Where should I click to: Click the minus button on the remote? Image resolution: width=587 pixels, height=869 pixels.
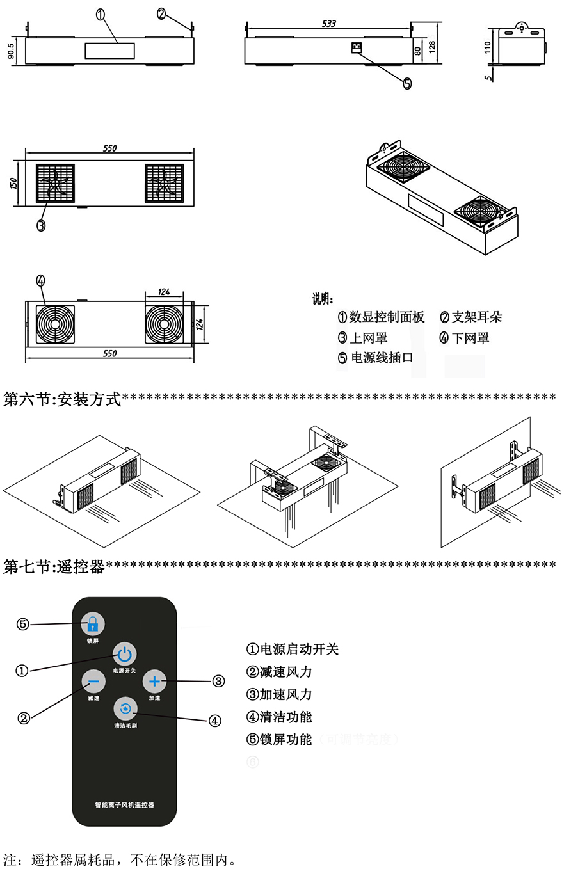coord(93,682)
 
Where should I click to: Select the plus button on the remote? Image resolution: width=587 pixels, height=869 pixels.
coord(154,682)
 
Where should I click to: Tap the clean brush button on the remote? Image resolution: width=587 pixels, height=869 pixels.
coord(125,708)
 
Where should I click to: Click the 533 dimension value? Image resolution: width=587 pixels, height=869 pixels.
coord(328,24)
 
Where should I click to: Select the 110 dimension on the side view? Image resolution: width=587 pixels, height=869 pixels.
coord(488,47)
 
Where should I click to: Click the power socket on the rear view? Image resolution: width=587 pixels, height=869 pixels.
coord(356,47)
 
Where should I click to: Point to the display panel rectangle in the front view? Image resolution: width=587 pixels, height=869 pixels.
coord(109,51)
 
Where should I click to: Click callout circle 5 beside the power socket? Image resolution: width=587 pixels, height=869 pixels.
coord(408,83)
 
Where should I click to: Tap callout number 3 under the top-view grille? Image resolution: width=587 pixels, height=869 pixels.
coord(41,225)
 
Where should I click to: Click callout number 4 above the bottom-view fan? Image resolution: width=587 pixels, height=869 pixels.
coord(41,280)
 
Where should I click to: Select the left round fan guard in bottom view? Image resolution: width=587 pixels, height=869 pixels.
coord(55,324)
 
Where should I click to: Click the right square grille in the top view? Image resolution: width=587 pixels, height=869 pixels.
coord(165,184)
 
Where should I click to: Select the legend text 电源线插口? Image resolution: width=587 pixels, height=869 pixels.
coord(382,358)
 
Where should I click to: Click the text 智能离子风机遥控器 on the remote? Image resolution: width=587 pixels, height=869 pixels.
coord(124,804)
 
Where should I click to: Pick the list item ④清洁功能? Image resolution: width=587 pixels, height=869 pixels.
coord(279,717)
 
